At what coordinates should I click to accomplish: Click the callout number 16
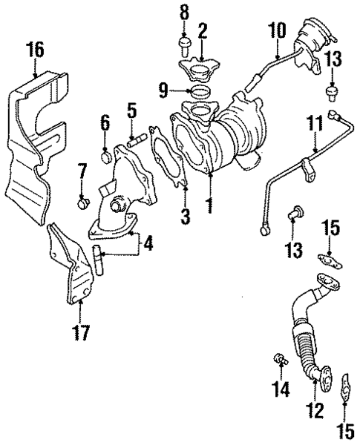34,50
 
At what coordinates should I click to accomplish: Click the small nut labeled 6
106,157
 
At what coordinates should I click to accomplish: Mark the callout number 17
83,332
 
